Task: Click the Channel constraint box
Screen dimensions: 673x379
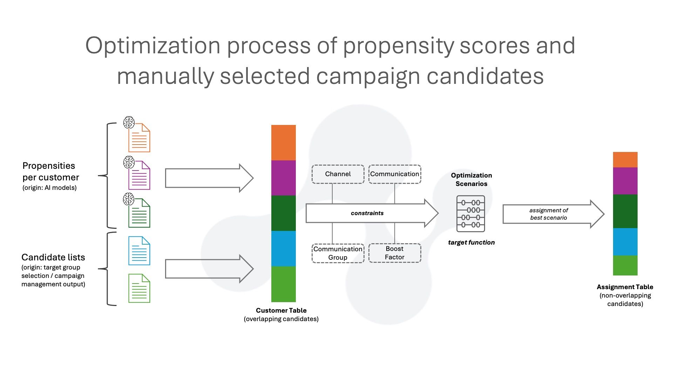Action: point(338,174)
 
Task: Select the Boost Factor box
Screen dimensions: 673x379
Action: point(395,253)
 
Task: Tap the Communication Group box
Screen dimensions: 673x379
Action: point(338,253)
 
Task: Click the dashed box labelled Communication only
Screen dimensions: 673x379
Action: point(395,174)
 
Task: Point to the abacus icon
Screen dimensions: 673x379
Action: point(471,214)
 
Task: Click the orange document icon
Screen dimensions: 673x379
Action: point(139,138)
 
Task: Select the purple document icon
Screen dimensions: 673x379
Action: point(139,175)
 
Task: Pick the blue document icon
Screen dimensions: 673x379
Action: point(139,251)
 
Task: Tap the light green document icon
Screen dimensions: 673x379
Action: point(139,288)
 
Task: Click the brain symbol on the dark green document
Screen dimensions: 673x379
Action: point(129,199)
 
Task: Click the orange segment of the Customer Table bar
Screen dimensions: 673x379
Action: point(284,142)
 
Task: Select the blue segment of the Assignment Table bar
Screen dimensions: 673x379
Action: point(625,242)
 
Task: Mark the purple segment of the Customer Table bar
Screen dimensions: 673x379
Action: point(284,178)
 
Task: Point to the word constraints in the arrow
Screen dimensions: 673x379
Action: point(367,213)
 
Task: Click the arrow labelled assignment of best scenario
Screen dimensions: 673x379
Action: point(553,214)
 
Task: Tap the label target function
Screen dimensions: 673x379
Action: point(471,242)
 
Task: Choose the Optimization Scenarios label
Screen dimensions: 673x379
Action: point(471,179)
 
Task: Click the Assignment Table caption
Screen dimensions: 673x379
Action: point(625,295)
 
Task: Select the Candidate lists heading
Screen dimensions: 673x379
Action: point(53,257)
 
